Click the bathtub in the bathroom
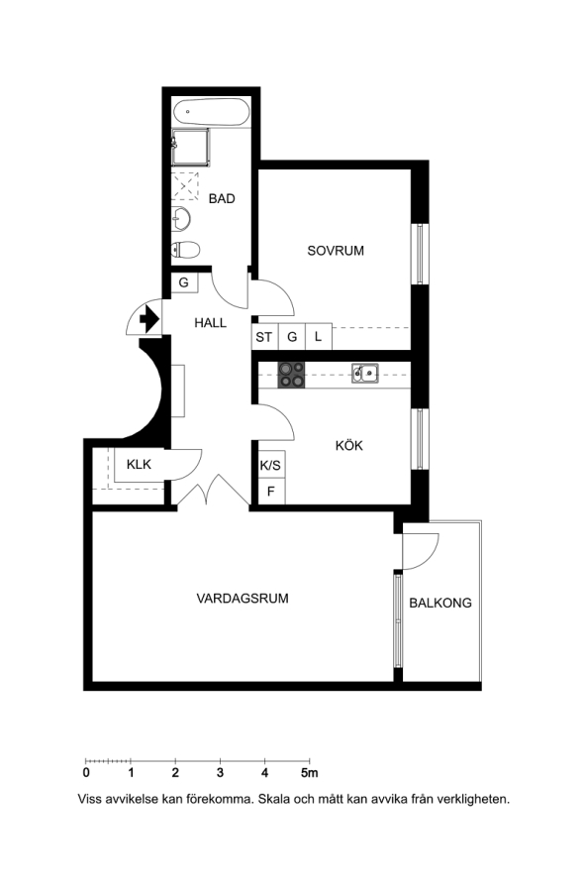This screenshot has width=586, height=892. tap(212, 113)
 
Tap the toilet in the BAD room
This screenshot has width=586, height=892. tap(185, 249)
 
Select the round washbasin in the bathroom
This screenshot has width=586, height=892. tap(182, 219)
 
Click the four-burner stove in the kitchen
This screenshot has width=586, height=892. tap(291, 375)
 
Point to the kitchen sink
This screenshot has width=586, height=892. tap(365, 374)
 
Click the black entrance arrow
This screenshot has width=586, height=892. tap(148, 319)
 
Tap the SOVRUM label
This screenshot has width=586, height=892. tap(336, 251)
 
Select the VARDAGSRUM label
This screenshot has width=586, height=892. tap(243, 599)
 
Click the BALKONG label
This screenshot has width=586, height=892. tap(440, 603)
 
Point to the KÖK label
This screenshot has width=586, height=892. tap(349, 445)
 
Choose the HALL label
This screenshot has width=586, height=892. tap(210, 323)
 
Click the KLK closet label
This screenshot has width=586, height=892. tap(139, 464)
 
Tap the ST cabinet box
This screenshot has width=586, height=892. tap(264, 337)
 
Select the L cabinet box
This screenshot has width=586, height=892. tap(319, 337)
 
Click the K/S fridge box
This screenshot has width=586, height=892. tap(271, 465)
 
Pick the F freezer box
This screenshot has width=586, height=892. tap(271, 491)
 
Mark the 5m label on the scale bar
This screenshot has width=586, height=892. tap(310, 772)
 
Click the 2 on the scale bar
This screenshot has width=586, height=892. tap(175, 772)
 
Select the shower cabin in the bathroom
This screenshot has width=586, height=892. tap(190, 148)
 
